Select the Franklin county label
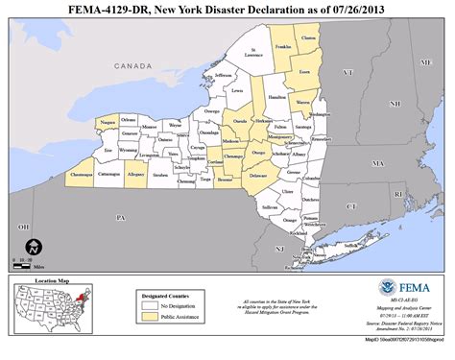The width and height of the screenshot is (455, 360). coord(282,46)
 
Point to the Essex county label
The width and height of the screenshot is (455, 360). coord(303,72)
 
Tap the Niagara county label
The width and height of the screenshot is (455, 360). coord(108,124)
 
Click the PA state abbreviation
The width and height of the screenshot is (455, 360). coord(121,218)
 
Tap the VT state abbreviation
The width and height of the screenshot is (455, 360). coord(348,72)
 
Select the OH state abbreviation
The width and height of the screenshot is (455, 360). coord(22,227)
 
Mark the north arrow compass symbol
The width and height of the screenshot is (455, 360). coord(32,247)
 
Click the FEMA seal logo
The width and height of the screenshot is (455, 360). coord(388,287)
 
